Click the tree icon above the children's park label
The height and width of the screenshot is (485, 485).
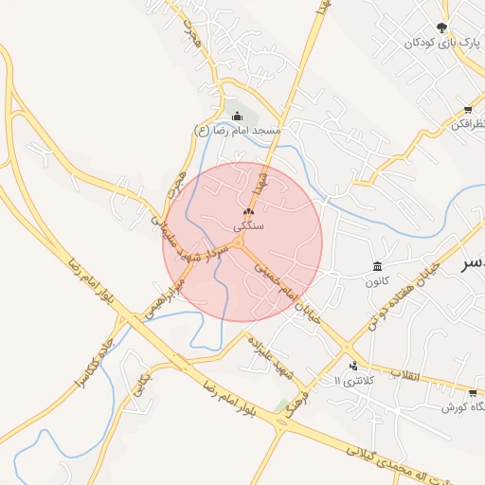pyautogui.click(x=442, y=27)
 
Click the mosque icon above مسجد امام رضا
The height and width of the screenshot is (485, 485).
pyautogui.click(x=237, y=116)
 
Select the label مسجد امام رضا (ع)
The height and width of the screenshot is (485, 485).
pyautogui.click(x=235, y=131)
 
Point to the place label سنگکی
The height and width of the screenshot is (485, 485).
pyautogui.click(x=248, y=227)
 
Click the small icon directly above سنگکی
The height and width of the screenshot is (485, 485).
pyautogui.click(x=248, y=212)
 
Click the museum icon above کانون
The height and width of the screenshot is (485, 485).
pyautogui.click(x=378, y=266)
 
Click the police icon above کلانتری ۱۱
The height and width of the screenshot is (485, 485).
pyautogui.click(x=353, y=365)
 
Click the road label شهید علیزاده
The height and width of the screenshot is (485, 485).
pyautogui.click(x=262, y=350)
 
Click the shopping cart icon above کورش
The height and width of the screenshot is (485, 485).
pyautogui.click(x=471, y=391)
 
